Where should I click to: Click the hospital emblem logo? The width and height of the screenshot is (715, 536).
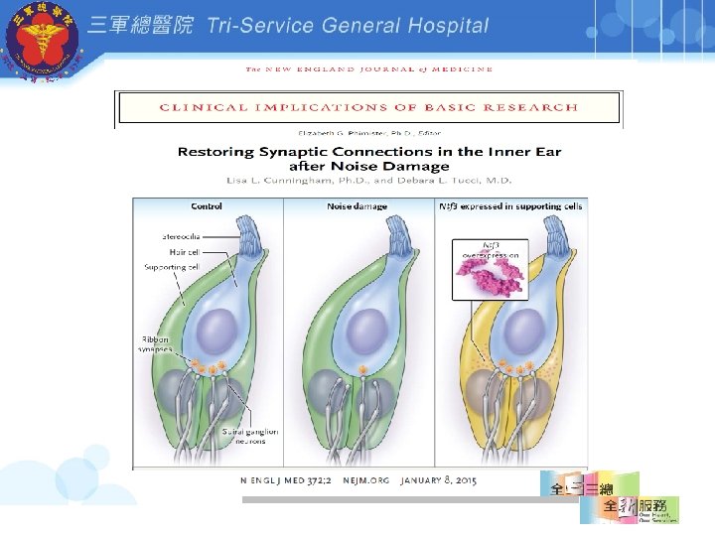coord(41,42)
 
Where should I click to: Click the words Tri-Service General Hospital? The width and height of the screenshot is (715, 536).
coord(348,26)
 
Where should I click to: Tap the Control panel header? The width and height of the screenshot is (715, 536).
coord(207,206)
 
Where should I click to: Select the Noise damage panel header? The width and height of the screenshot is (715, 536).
coord(357,206)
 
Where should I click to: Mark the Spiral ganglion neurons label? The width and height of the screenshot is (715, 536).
coord(250,436)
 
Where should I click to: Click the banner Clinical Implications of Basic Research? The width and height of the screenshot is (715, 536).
coord(368,107)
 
